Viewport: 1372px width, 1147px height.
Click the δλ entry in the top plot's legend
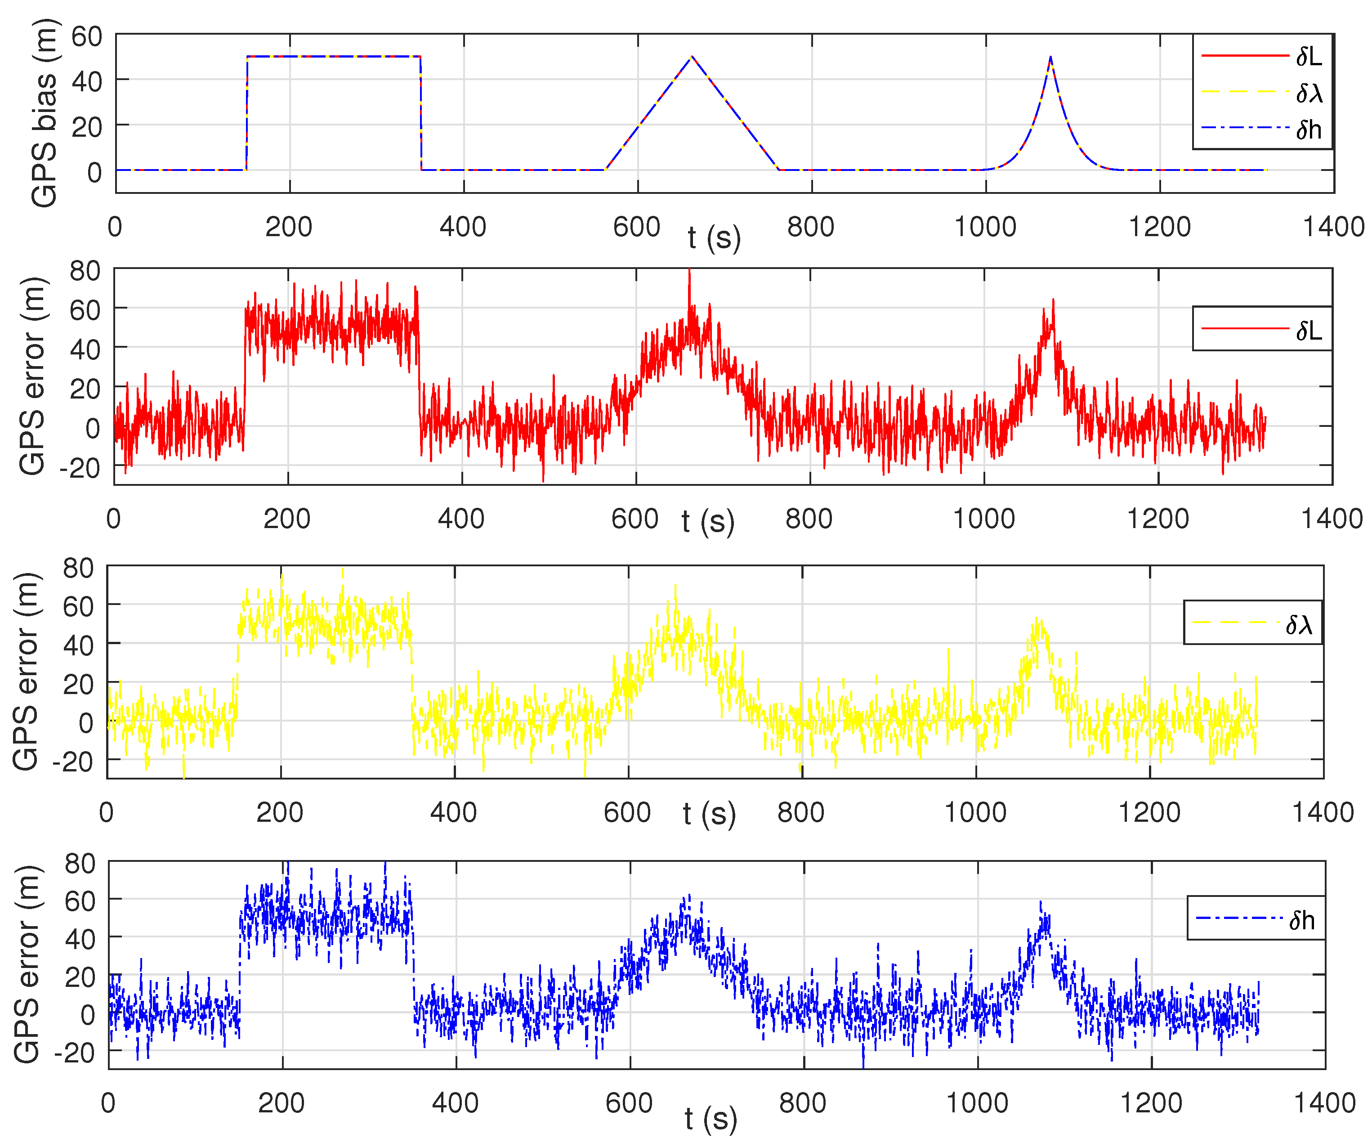tap(1309, 94)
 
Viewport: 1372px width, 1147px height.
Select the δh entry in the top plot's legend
tap(1309, 130)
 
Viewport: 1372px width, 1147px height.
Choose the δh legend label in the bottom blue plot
tap(1301, 920)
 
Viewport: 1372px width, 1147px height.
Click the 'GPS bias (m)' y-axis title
tap(45, 112)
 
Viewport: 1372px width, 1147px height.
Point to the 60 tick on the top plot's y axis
tap(86, 36)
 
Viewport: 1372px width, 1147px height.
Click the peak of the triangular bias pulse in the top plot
tap(692, 57)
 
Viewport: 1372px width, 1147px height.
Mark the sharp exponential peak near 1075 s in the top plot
tap(1050, 58)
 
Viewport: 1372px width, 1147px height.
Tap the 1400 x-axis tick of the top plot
tap(1333, 227)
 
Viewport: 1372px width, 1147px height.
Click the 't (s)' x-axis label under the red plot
tap(707, 521)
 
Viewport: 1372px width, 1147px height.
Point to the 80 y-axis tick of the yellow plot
tap(78, 568)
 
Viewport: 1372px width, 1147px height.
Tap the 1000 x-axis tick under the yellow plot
tap(975, 812)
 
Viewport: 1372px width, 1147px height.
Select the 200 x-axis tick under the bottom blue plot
tap(281, 1103)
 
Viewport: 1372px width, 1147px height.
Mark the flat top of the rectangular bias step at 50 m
tap(333, 56)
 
